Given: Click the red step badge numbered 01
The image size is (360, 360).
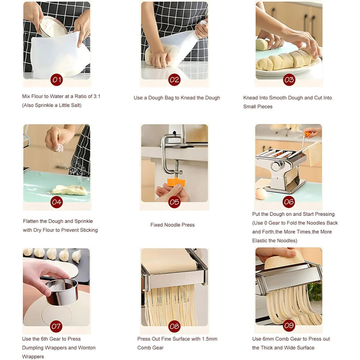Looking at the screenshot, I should (56, 80).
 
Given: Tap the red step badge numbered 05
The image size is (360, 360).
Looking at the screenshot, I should (174, 202).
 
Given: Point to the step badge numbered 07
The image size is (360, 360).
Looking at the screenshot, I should (56, 325).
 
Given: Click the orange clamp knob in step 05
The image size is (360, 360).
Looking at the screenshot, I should (176, 182).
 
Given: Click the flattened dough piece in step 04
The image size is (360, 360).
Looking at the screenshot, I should (69, 189).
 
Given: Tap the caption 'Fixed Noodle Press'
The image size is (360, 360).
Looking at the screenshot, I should (172, 225).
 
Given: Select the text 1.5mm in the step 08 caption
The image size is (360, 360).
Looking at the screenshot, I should (209, 339).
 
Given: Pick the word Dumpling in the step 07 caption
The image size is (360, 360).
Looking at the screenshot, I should (33, 347).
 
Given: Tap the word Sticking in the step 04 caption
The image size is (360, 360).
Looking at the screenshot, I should (88, 230).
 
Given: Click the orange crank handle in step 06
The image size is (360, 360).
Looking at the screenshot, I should (307, 134).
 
